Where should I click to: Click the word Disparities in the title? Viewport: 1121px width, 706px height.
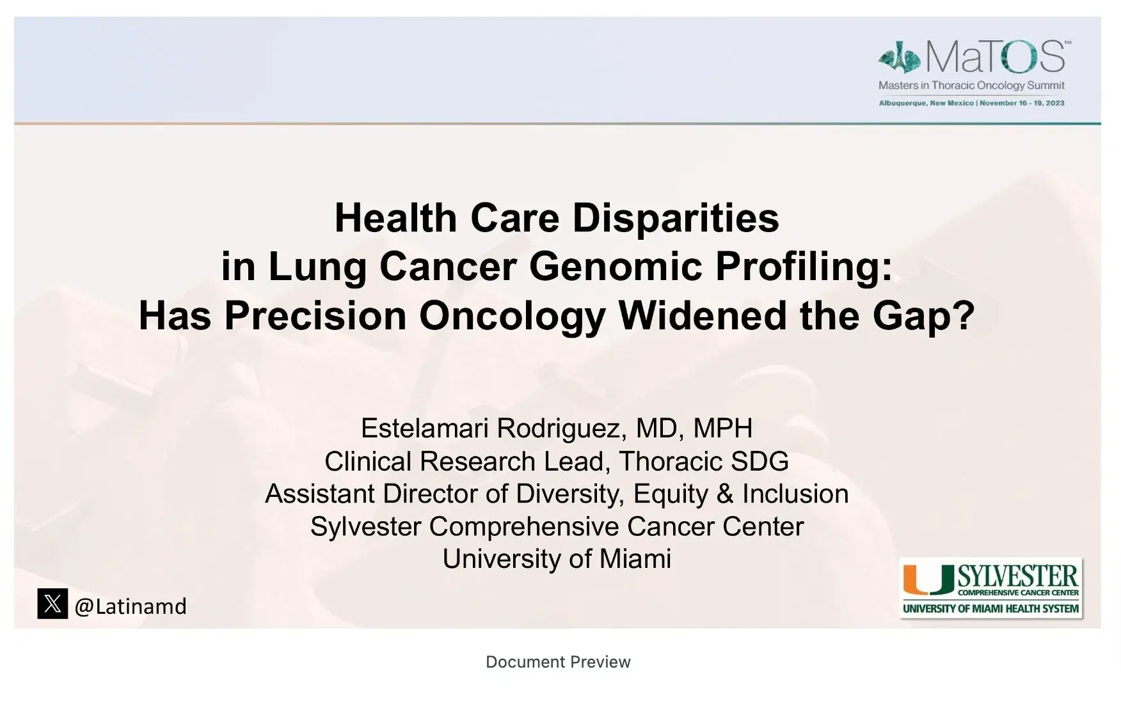pos(676,218)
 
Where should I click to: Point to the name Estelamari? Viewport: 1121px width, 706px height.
pos(425,428)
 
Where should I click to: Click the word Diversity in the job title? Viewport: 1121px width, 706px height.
pos(571,494)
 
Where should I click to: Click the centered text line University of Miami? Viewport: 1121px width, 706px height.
pos(557,559)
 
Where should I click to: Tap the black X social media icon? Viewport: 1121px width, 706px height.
pos(52,604)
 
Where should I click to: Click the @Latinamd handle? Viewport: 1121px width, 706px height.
pos(131,606)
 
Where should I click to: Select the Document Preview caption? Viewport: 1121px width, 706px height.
pos(558,662)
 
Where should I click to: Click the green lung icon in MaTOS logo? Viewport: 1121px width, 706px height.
pos(900,59)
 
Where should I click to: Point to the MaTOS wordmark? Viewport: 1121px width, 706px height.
pos(994,58)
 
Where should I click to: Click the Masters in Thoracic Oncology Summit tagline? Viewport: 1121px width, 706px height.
pos(971,85)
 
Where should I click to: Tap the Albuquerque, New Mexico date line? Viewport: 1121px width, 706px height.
pos(971,103)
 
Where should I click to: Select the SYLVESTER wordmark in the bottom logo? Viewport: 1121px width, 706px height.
pos(1017,577)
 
